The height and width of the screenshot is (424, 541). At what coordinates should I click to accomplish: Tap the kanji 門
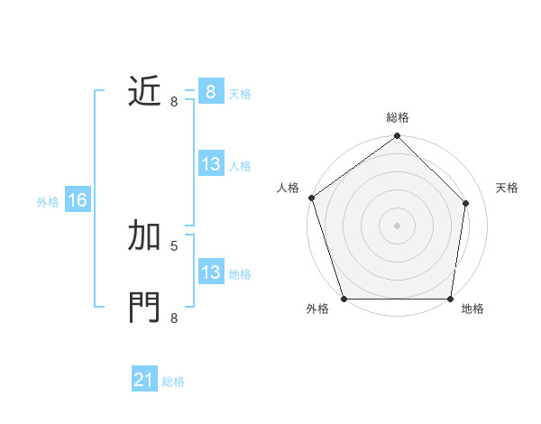[144, 307]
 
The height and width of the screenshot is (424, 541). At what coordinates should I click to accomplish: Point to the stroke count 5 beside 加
[174, 244]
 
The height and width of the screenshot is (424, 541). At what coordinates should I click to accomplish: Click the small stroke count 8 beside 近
[174, 101]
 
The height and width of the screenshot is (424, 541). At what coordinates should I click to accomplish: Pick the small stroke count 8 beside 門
[174, 318]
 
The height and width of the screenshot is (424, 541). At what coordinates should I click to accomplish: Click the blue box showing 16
[78, 200]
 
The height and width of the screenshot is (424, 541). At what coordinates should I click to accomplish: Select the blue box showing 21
[144, 380]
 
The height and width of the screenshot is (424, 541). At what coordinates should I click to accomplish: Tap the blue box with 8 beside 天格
[210, 91]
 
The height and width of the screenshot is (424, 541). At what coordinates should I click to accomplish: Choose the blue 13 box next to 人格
[210, 164]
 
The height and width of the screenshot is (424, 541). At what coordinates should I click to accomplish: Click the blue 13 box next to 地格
[210, 272]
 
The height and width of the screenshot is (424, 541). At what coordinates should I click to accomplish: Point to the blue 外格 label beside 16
[48, 202]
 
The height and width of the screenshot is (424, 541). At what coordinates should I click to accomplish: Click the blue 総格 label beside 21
[173, 382]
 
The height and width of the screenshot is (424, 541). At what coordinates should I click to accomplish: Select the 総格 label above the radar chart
[397, 117]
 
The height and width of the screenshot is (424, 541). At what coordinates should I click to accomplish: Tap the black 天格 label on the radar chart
[507, 188]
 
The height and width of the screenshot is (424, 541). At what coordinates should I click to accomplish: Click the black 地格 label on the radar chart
[472, 309]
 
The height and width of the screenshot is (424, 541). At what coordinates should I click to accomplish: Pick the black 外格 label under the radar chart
[317, 309]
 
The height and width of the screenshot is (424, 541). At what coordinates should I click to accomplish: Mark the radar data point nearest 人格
[311, 198]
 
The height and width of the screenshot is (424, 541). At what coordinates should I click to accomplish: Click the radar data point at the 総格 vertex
[397, 136]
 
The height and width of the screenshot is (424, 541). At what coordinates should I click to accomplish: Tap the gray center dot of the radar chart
[397, 225]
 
